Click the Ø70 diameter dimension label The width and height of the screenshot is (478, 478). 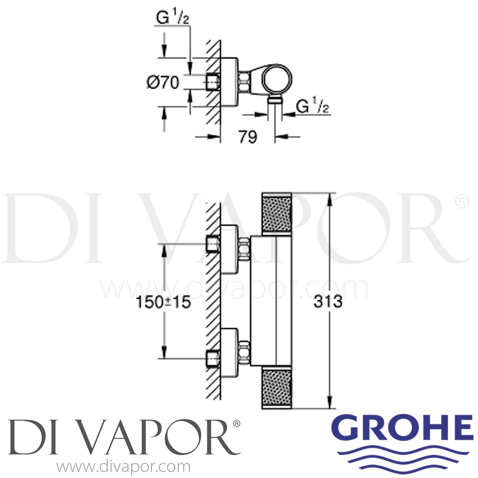coord(163,83)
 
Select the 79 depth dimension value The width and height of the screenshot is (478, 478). coord(248,137)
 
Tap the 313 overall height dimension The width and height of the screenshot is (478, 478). coord(328,301)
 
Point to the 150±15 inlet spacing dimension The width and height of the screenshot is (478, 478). coord(163,302)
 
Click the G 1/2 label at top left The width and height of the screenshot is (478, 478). coord(172,19)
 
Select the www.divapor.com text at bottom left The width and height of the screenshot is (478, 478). coord(123,467)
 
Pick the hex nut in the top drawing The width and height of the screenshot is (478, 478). coord(244,82)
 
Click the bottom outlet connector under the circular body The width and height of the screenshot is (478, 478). coord(275,101)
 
